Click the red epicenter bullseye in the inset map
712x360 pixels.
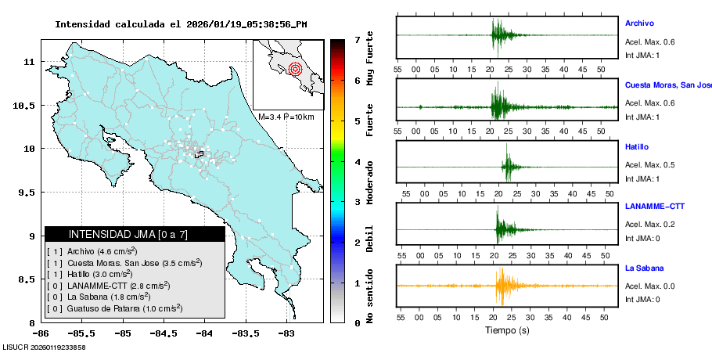(295, 69)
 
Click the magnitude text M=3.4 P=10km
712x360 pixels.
(286, 117)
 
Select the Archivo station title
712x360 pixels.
(639, 23)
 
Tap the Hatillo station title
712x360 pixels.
(637, 146)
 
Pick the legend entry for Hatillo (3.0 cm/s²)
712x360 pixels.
(89, 274)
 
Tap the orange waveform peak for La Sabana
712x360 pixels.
(499, 285)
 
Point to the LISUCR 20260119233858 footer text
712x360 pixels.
(44, 347)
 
